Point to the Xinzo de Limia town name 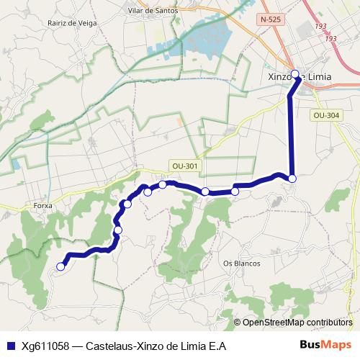(x=296, y=77)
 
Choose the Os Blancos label (x=241, y=263)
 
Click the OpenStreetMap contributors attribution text (x=297, y=322)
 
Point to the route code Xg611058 (x=45, y=346)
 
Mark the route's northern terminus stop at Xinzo (x=294, y=73)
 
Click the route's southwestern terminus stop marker (x=60, y=266)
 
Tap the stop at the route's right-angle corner (x=292, y=179)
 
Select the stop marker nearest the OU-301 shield (x=163, y=184)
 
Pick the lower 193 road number (x=331, y=38)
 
